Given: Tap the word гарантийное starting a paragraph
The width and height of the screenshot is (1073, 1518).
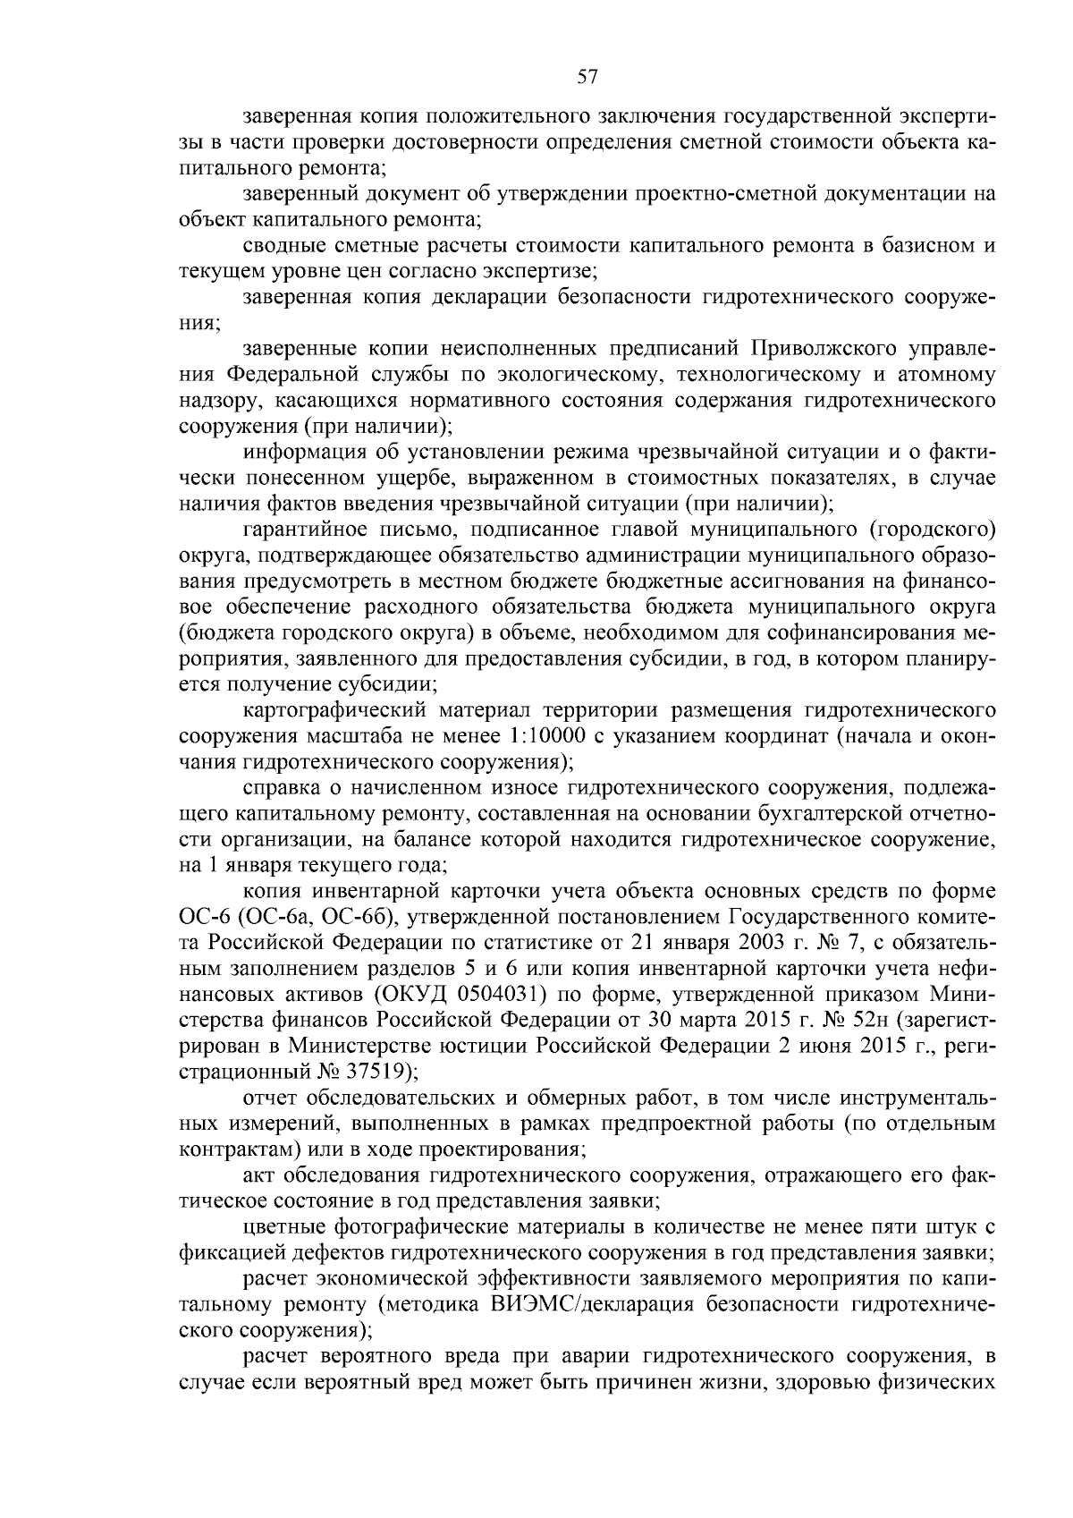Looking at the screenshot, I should pos(299,530).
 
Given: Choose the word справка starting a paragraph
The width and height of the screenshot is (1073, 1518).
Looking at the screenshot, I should pos(275,789).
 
